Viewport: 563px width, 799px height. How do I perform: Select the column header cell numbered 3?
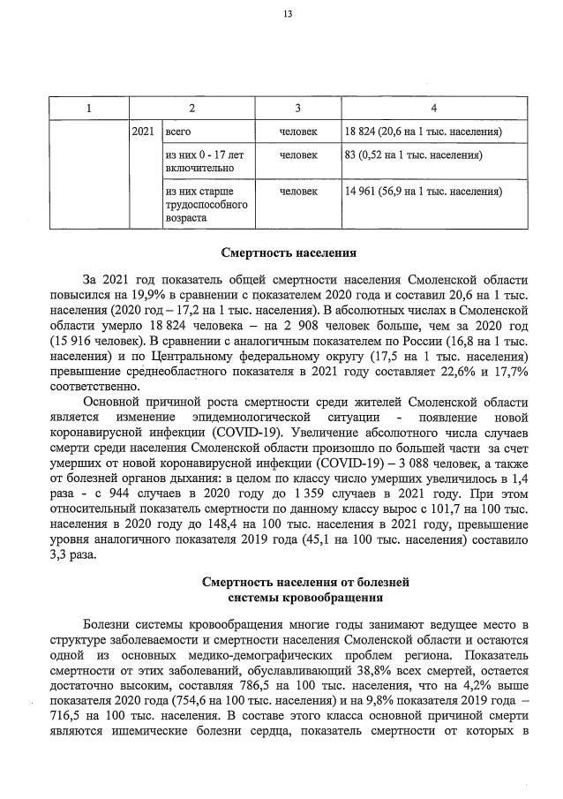click(298, 108)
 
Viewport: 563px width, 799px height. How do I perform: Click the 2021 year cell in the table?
click(142, 132)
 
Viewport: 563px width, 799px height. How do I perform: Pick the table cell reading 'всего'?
click(179, 132)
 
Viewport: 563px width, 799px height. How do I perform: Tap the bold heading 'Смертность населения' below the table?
click(288, 253)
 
